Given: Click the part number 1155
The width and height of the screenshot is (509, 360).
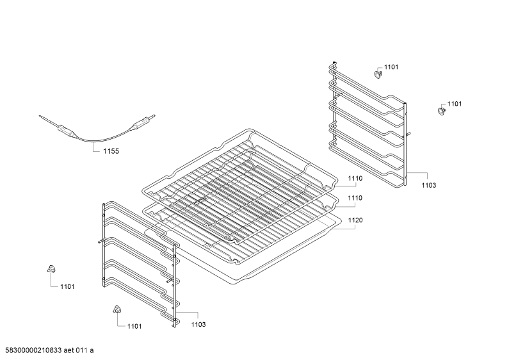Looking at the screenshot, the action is point(111,151).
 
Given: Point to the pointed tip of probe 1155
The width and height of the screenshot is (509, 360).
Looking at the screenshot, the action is point(40,116).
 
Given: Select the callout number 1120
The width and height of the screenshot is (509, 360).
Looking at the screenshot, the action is point(355,220).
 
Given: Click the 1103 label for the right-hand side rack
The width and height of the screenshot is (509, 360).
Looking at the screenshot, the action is point(429,185).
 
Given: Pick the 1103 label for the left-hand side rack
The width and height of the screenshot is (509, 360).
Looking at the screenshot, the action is point(198,324).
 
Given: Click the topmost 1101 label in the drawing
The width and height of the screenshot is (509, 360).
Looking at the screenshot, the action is point(391,67).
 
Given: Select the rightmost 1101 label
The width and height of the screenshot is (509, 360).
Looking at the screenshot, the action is point(455,104).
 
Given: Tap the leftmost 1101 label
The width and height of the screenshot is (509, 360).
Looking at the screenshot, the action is point(67,286).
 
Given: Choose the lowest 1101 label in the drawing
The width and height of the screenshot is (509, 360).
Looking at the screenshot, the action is point(134,326).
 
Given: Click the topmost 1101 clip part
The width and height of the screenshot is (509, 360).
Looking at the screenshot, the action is point(378,74).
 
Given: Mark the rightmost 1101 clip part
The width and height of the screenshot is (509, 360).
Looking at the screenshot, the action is point(441,111).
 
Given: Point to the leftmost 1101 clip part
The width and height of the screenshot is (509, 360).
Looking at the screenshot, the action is point(51,268).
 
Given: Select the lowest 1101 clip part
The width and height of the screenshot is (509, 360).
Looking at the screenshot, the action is point(117,309).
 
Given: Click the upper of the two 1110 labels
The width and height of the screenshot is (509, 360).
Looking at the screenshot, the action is point(355,178).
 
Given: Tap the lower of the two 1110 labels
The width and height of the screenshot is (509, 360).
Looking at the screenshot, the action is point(355,198).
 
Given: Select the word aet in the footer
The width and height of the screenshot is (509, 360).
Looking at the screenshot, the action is point(69,350).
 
